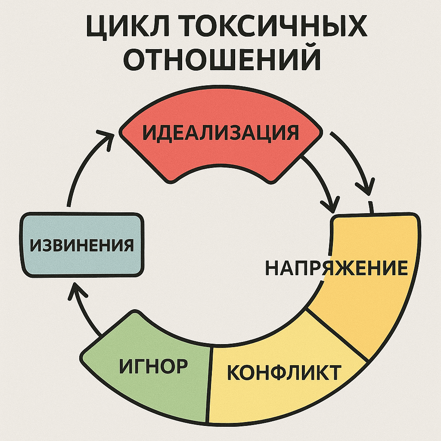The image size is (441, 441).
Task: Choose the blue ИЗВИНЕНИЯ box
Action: point(82,245)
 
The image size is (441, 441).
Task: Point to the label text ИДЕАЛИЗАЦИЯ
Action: point(220,133)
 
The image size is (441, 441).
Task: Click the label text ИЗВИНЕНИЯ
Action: point(82,245)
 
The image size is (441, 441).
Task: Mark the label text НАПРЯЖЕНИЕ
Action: point(336,268)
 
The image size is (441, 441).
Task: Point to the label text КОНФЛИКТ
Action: point(284,372)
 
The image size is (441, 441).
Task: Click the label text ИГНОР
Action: point(153,366)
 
